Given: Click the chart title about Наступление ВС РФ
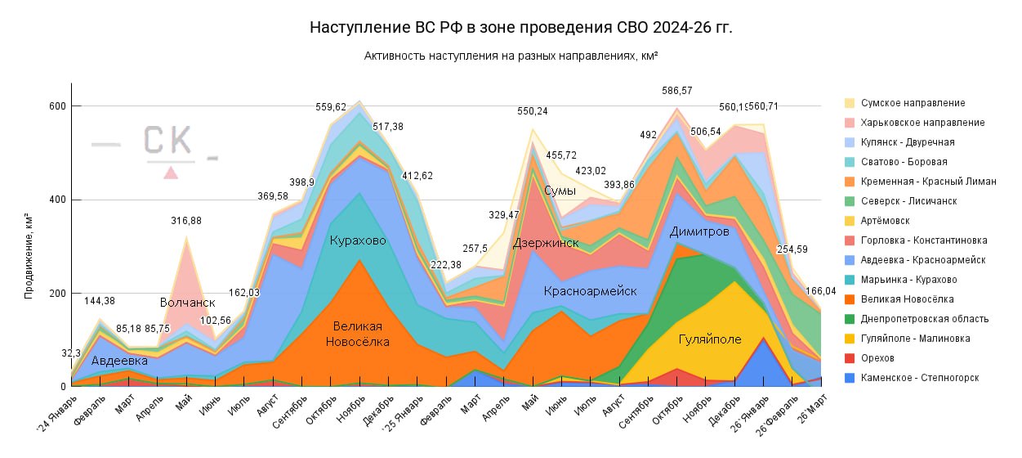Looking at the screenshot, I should (521, 27).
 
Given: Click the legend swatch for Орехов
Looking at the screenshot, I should (850, 358).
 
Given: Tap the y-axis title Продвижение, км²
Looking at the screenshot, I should (29, 258).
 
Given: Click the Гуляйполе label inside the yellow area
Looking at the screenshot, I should (709, 339).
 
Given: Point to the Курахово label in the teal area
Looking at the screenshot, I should (358, 240).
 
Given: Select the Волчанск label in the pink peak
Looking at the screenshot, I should (188, 303).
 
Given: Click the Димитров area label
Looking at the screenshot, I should (698, 232).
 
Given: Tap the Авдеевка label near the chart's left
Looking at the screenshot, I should (119, 360).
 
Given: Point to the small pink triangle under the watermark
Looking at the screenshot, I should (171, 173).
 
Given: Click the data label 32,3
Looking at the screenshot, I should (71, 352).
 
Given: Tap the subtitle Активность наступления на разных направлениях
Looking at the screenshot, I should (511, 56).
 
